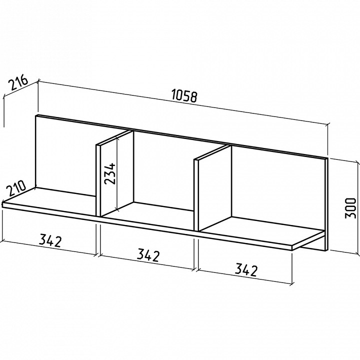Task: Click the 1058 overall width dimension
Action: [184, 96]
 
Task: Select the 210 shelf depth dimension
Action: [16, 188]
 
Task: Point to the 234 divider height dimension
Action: [109, 173]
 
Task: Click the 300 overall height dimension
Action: [350, 208]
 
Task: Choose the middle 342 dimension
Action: [148, 255]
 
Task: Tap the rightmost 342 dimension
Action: [246, 270]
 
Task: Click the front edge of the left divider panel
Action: [98, 180]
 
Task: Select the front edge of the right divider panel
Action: [196, 194]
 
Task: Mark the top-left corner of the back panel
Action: [36, 115]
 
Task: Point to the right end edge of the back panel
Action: [326, 204]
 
